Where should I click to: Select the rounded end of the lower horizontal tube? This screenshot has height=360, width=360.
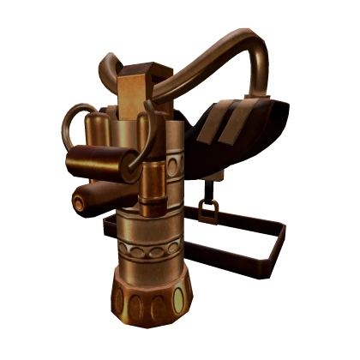click(79, 202)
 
